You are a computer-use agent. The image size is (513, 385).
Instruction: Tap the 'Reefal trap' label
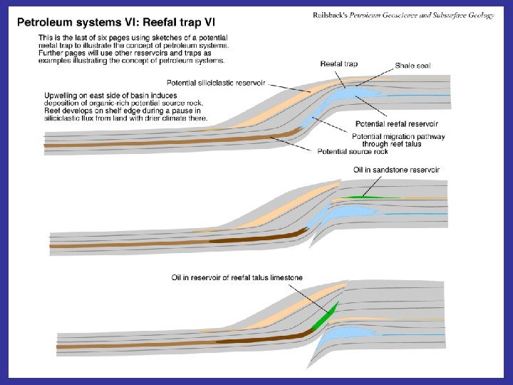(339, 64)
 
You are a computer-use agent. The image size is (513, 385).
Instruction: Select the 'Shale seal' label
(413, 66)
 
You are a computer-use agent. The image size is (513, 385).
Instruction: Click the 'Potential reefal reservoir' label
(400, 124)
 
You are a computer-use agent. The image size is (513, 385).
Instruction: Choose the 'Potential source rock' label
(353, 151)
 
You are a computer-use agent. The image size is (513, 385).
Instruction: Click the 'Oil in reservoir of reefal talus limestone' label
(237, 277)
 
